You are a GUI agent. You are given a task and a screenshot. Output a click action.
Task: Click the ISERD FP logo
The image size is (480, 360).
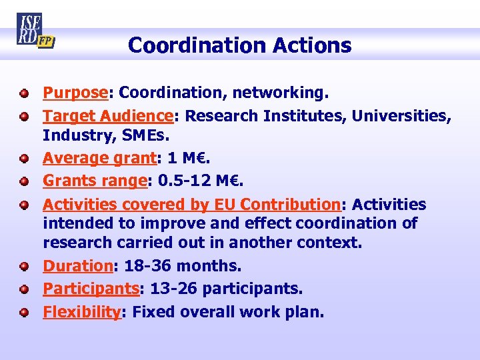click(35, 30)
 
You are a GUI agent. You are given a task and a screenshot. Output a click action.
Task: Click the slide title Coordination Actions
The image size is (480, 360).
click(239, 45)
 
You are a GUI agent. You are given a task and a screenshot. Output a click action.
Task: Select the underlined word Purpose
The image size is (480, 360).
click(75, 93)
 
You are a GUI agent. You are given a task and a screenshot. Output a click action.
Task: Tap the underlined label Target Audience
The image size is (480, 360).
click(108, 116)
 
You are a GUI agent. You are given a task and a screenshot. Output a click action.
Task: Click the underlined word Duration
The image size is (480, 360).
click(78, 266)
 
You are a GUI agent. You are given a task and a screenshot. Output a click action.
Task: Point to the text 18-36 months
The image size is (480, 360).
click(181, 266)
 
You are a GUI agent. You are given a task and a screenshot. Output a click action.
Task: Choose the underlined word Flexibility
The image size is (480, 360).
click(81, 311)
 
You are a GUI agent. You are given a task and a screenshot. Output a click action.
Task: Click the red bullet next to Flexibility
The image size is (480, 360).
click(23, 311)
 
